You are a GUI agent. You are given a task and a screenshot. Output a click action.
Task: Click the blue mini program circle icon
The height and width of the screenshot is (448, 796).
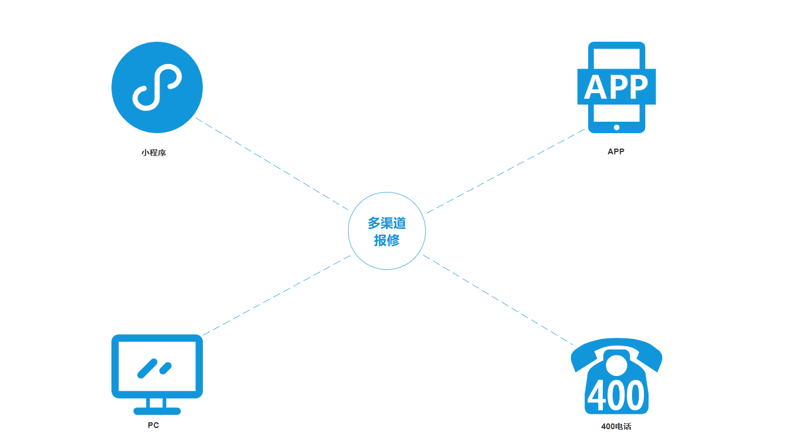(x=157, y=87)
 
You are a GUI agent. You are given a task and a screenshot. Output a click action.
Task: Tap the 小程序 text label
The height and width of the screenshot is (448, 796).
(x=154, y=153)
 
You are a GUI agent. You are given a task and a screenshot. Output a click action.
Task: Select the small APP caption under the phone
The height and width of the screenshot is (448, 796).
(x=616, y=151)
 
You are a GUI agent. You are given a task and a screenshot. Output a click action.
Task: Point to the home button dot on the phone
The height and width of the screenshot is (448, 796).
(x=617, y=127)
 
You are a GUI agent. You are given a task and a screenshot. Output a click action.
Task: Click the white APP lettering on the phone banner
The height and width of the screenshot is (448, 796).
(x=616, y=87)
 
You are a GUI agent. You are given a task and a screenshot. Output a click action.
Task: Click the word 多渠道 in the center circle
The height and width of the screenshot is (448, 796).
(x=387, y=223)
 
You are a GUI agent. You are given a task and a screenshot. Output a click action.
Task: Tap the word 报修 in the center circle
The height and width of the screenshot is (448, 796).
(x=387, y=240)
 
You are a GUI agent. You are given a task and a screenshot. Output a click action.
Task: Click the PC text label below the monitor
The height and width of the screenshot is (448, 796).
(x=153, y=425)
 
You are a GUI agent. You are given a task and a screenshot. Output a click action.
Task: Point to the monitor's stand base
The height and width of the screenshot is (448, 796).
(x=157, y=410)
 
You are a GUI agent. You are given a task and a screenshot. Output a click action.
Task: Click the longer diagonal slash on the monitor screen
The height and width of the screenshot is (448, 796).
(x=147, y=368)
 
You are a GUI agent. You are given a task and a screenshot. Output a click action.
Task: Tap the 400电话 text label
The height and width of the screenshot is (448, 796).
(x=616, y=426)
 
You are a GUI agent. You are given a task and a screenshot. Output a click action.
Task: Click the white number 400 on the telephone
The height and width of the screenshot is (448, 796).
(x=616, y=395)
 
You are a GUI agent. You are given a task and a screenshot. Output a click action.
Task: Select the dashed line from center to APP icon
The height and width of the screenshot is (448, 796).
(x=506, y=171)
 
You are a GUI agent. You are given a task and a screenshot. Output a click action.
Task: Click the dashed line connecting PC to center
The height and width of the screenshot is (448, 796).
(x=277, y=295)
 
